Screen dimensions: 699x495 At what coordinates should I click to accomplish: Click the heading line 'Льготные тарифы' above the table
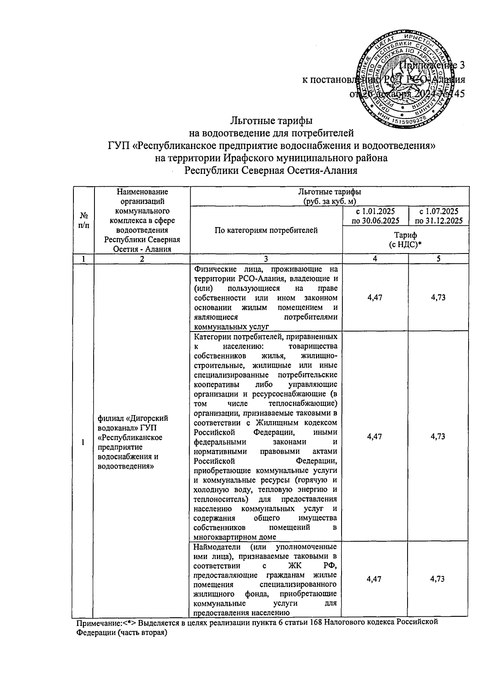(271, 121)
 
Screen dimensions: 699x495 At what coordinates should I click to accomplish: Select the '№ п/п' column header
(84, 220)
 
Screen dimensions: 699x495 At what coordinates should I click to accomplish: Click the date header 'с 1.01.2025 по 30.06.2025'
(375, 216)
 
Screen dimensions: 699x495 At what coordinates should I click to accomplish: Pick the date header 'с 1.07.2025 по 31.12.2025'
(438, 216)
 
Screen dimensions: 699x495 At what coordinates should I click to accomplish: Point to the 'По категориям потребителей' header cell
(266, 230)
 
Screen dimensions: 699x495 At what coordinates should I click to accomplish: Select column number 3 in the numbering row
(266, 259)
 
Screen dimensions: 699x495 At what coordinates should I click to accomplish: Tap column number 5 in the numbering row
(438, 259)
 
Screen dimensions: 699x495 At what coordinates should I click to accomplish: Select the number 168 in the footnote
(316, 623)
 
